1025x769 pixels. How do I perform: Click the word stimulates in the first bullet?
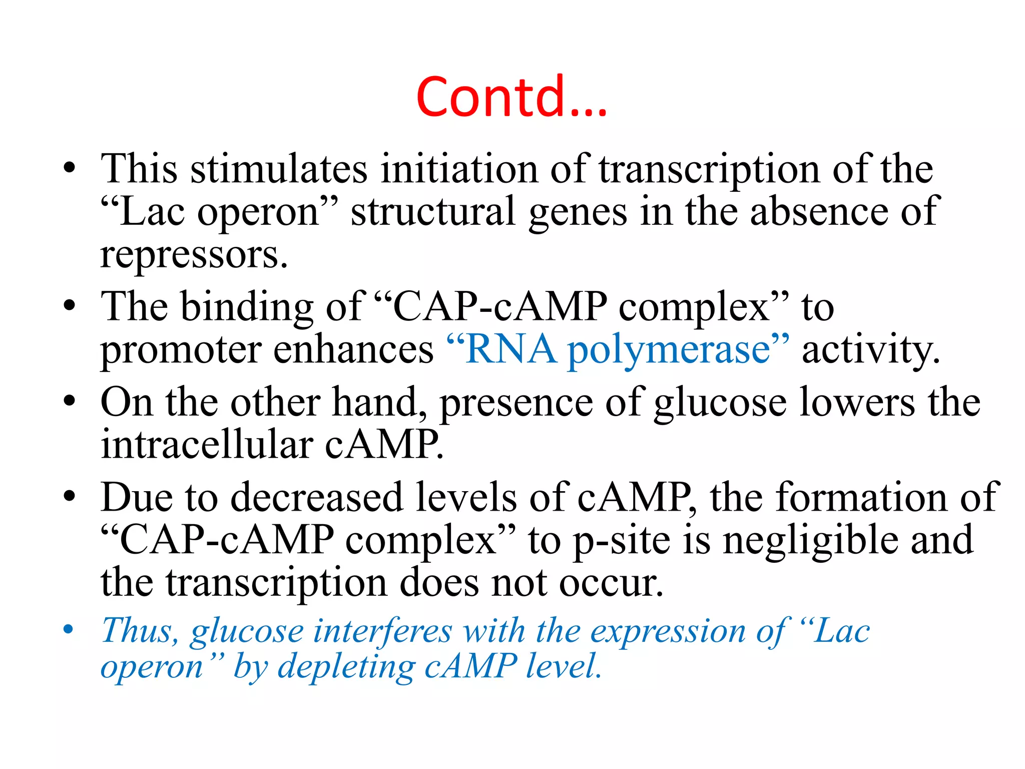[x=279, y=169]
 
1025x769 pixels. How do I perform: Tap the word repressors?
[x=194, y=255]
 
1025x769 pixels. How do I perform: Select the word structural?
[x=433, y=212]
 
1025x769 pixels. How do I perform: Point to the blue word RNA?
[x=510, y=349]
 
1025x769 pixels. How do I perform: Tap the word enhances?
[x=353, y=349]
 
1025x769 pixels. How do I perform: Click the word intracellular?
[x=207, y=445]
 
